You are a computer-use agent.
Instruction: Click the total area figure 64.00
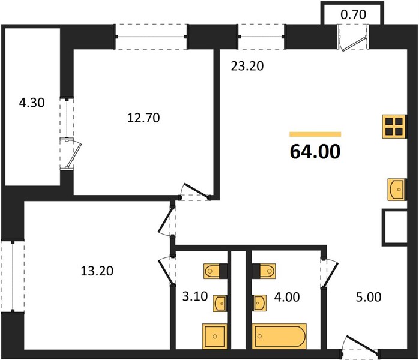click(x=315, y=151)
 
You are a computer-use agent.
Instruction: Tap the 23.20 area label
click(x=247, y=66)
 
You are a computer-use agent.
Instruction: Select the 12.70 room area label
click(x=143, y=118)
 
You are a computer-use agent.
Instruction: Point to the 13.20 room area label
click(x=97, y=271)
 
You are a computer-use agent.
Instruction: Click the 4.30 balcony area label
click(x=32, y=103)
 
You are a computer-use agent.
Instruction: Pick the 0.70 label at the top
click(x=353, y=14)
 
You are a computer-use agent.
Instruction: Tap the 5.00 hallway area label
click(x=369, y=297)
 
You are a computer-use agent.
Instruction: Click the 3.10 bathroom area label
click(x=195, y=296)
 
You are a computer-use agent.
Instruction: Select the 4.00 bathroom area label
click(x=287, y=297)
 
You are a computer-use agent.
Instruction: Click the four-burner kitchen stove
click(x=394, y=127)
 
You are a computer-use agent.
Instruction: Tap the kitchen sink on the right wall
click(x=397, y=190)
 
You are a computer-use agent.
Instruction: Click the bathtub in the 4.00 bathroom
click(x=279, y=336)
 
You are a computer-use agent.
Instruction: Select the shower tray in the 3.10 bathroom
click(x=214, y=336)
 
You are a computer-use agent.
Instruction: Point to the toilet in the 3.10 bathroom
click(x=216, y=271)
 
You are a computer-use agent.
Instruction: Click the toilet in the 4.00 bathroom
click(x=264, y=271)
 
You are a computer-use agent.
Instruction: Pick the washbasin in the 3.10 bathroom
click(x=220, y=304)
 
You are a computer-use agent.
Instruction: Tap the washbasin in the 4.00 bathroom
click(x=259, y=303)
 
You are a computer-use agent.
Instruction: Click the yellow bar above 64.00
click(x=315, y=134)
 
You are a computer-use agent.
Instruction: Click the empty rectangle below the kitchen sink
click(x=394, y=227)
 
